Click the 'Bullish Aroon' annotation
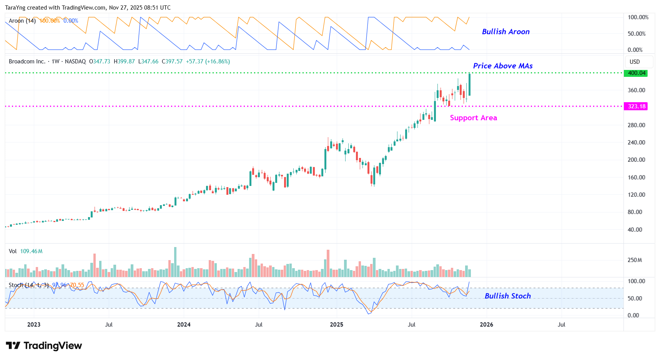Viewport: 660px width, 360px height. click(505, 32)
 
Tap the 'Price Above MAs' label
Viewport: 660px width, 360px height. click(502, 66)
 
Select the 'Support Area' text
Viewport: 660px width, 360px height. click(473, 118)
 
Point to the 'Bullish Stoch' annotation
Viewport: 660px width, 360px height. click(507, 296)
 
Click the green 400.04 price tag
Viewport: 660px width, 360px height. click(637, 73)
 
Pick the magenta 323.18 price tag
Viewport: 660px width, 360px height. click(637, 106)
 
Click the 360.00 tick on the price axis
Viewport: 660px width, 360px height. click(636, 90)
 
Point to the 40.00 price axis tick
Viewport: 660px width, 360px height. click(635, 230)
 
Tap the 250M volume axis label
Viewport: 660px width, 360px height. click(635, 260)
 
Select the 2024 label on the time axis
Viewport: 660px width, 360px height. click(184, 325)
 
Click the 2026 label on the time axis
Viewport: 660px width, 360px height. click(486, 325)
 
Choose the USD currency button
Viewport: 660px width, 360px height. click(635, 62)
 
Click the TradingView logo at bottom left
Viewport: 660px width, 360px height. click(44, 346)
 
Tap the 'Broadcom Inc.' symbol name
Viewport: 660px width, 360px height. click(27, 61)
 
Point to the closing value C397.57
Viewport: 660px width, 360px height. click(172, 61)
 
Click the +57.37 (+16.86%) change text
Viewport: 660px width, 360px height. click(208, 61)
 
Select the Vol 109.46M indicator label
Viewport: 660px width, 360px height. click(26, 251)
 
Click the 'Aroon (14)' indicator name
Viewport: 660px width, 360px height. click(22, 21)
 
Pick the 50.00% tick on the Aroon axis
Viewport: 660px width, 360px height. click(637, 34)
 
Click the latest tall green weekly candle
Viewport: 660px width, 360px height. click(469, 85)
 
